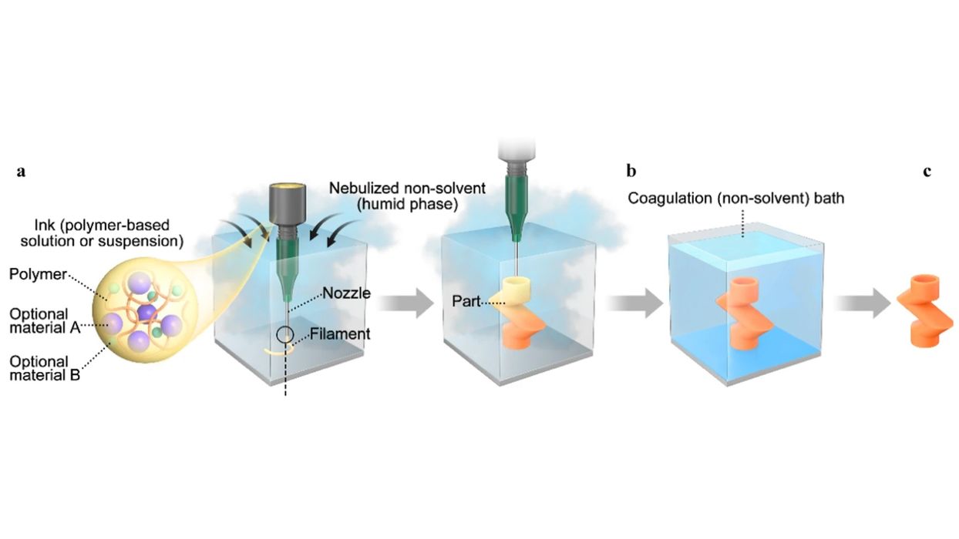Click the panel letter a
tap(21, 172)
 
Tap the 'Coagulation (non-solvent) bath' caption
tap(736, 199)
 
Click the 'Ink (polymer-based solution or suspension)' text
tap(93, 231)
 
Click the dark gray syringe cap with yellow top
tap(285, 201)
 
